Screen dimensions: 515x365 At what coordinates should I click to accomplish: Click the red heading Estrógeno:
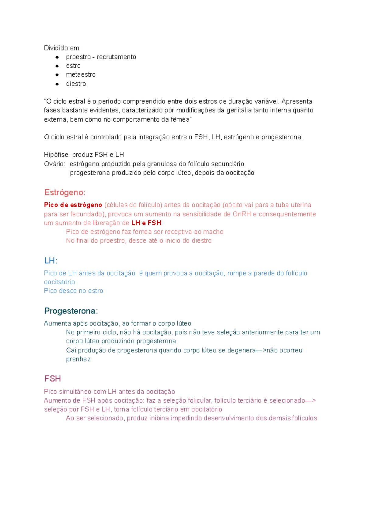[65, 192]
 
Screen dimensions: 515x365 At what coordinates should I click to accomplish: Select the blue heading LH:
[51, 261]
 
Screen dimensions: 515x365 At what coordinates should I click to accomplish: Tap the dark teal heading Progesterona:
[71, 311]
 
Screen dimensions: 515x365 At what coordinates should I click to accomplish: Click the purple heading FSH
[53, 378]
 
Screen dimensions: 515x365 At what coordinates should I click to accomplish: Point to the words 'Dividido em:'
[62, 48]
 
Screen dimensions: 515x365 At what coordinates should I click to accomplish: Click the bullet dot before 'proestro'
[57, 57]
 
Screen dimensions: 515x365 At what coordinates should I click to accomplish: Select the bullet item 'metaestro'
[81, 74]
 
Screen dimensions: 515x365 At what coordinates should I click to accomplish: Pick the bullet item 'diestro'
[76, 84]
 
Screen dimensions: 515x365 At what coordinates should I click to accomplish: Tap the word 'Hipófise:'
[57, 154]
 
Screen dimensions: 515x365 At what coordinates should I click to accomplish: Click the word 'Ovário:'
[54, 164]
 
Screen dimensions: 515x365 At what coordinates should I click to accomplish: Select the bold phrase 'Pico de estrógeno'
[73, 205]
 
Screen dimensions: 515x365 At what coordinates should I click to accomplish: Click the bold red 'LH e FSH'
[146, 223]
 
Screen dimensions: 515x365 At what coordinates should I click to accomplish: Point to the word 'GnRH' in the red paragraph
[242, 214]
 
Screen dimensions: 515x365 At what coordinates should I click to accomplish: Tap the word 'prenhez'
[78, 359]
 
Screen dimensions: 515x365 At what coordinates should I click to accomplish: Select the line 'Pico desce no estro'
[74, 291]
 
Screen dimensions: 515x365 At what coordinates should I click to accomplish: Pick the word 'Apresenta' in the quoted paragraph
[297, 101]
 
